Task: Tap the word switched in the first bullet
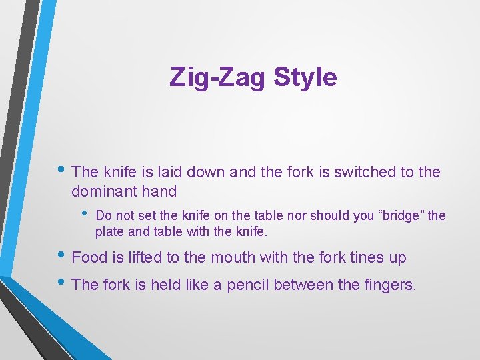click(x=367, y=172)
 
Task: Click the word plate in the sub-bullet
click(x=109, y=231)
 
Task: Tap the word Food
click(x=87, y=257)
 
